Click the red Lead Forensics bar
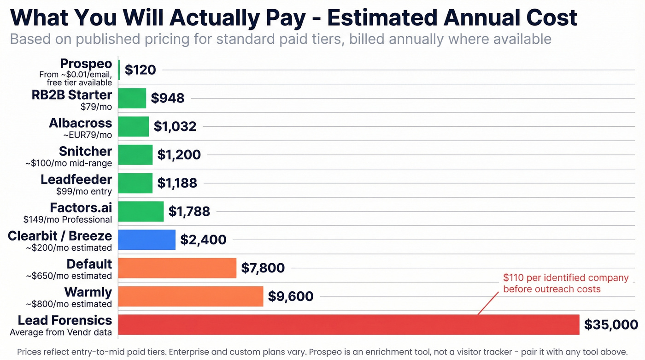click(x=348, y=325)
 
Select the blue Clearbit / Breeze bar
click(x=147, y=240)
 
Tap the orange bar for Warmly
click(x=190, y=296)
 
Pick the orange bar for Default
click(x=177, y=268)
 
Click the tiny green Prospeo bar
click(x=119, y=70)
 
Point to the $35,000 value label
click(x=611, y=325)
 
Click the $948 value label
click(x=168, y=98)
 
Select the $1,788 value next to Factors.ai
click(x=189, y=212)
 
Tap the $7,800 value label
click(x=263, y=268)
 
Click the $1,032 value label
click(x=175, y=127)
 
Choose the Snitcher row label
click(x=85, y=151)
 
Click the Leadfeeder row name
click(x=76, y=179)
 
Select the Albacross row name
click(x=80, y=123)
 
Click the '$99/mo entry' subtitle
click(x=84, y=191)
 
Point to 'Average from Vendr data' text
click(x=61, y=332)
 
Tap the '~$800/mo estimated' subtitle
click(x=68, y=304)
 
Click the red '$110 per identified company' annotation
click(x=565, y=278)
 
